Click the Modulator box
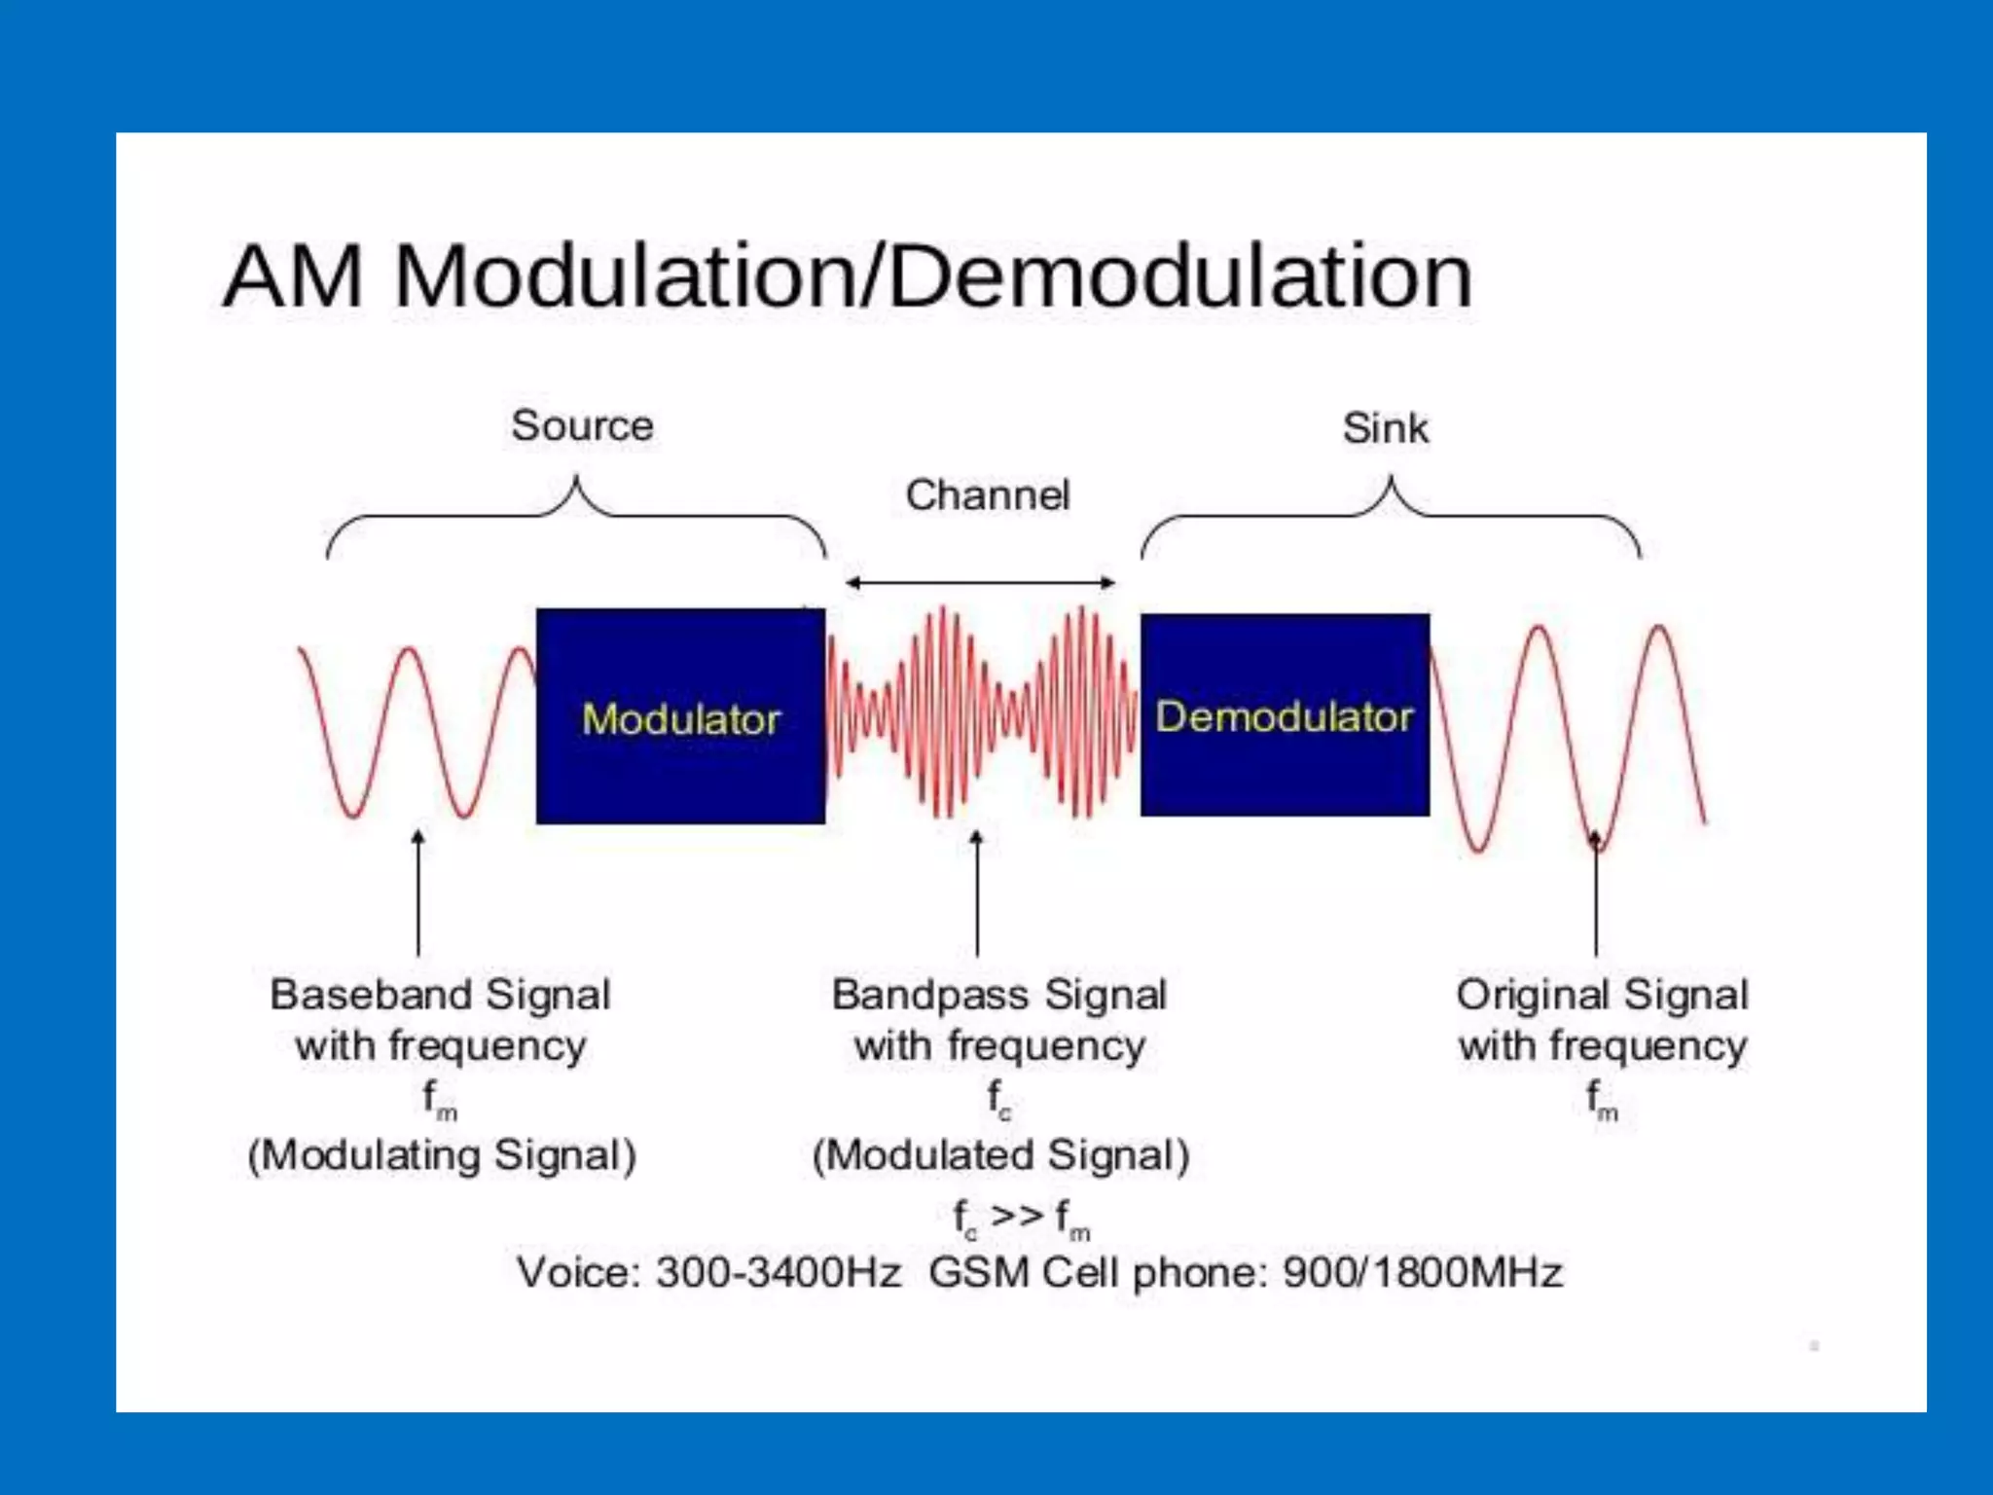tap(680, 716)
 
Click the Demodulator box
tap(1285, 715)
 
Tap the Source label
tap(582, 425)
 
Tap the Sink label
tap(1385, 428)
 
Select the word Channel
tap(987, 494)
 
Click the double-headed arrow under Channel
tap(980, 583)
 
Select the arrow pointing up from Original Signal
tap(1596, 905)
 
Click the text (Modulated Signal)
tap(1000, 1155)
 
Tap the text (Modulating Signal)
tap(442, 1155)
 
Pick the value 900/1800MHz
tap(1423, 1272)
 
